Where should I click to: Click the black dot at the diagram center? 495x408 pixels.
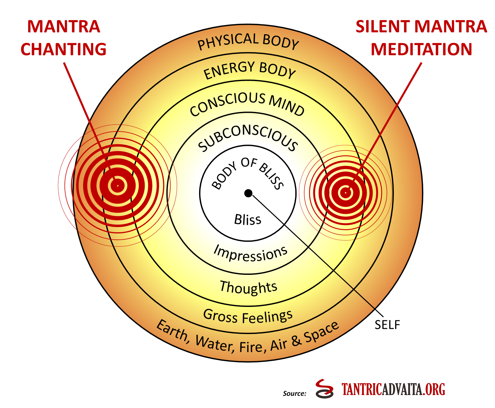tap(248, 193)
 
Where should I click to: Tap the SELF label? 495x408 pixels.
tap(387, 325)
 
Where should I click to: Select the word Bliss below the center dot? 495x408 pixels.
tap(248, 220)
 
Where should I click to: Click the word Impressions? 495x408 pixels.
tap(250, 253)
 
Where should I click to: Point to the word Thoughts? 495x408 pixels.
tap(248, 287)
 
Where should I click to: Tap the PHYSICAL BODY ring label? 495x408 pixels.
tap(248, 41)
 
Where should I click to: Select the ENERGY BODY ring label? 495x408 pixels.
tap(249, 70)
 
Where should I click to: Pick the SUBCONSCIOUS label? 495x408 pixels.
tap(248, 138)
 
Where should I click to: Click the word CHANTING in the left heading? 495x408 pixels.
tap(64, 49)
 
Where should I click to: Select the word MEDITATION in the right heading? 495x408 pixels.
tap(421, 49)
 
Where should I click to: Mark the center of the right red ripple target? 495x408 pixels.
tap(345, 193)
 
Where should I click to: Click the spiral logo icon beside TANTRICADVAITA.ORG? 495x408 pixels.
tap(324, 389)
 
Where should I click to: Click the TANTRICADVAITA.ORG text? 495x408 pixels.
tap(394, 389)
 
